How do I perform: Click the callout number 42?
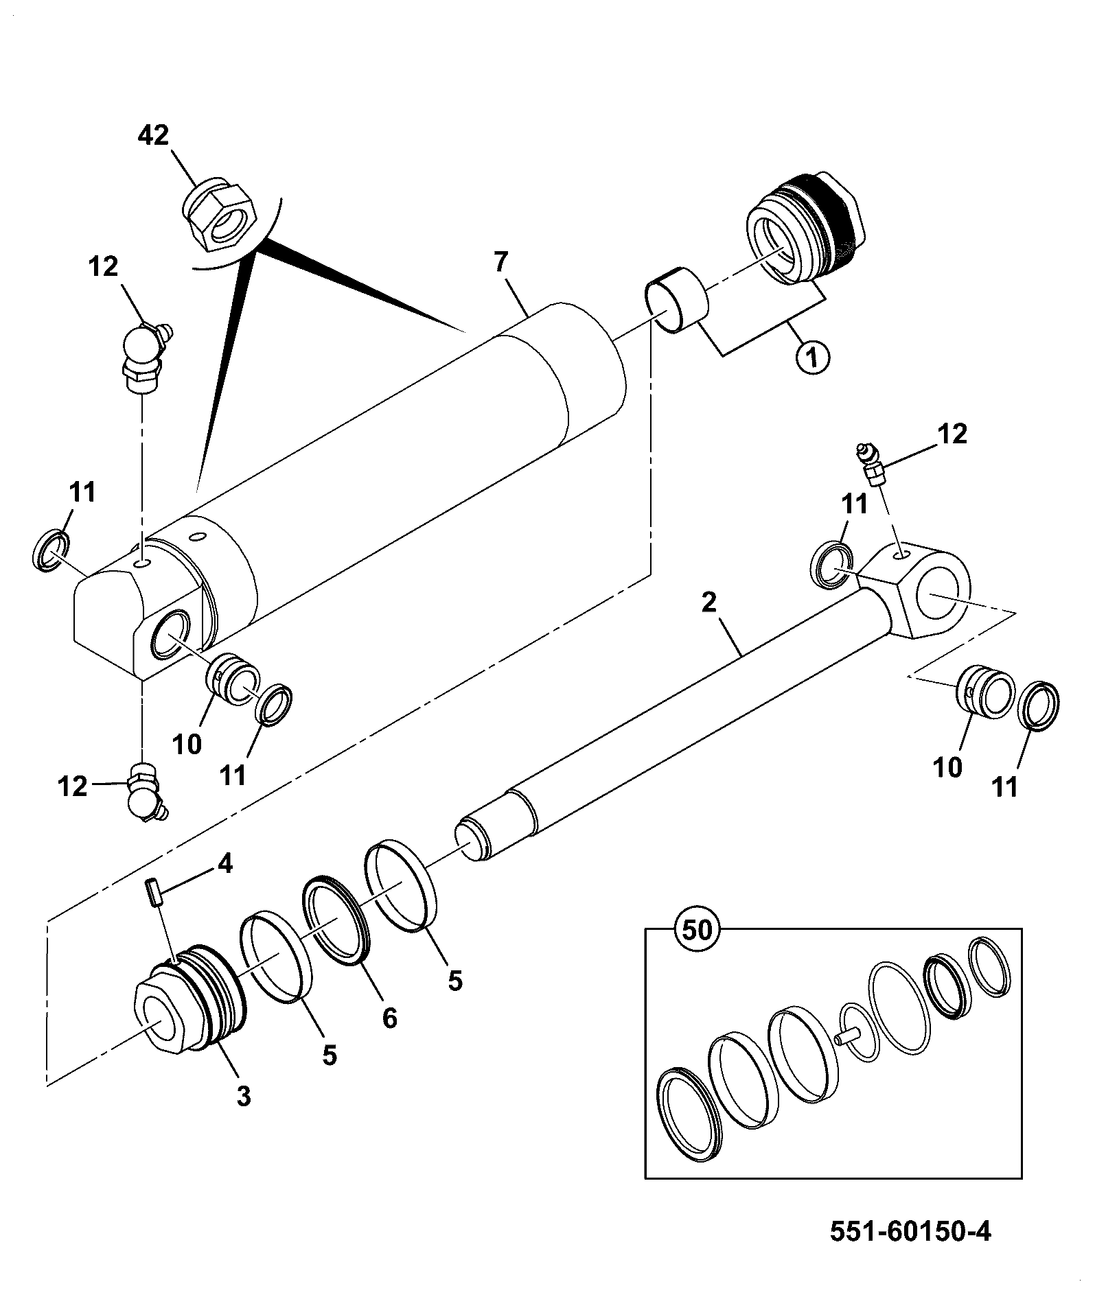click(x=153, y=135)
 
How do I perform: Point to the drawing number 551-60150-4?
click(x=910, y=1231)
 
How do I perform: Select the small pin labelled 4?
click(x=154, y=895)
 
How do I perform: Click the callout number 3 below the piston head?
click(x=243, y=1096)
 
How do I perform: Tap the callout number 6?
click(x=389, y=1018)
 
